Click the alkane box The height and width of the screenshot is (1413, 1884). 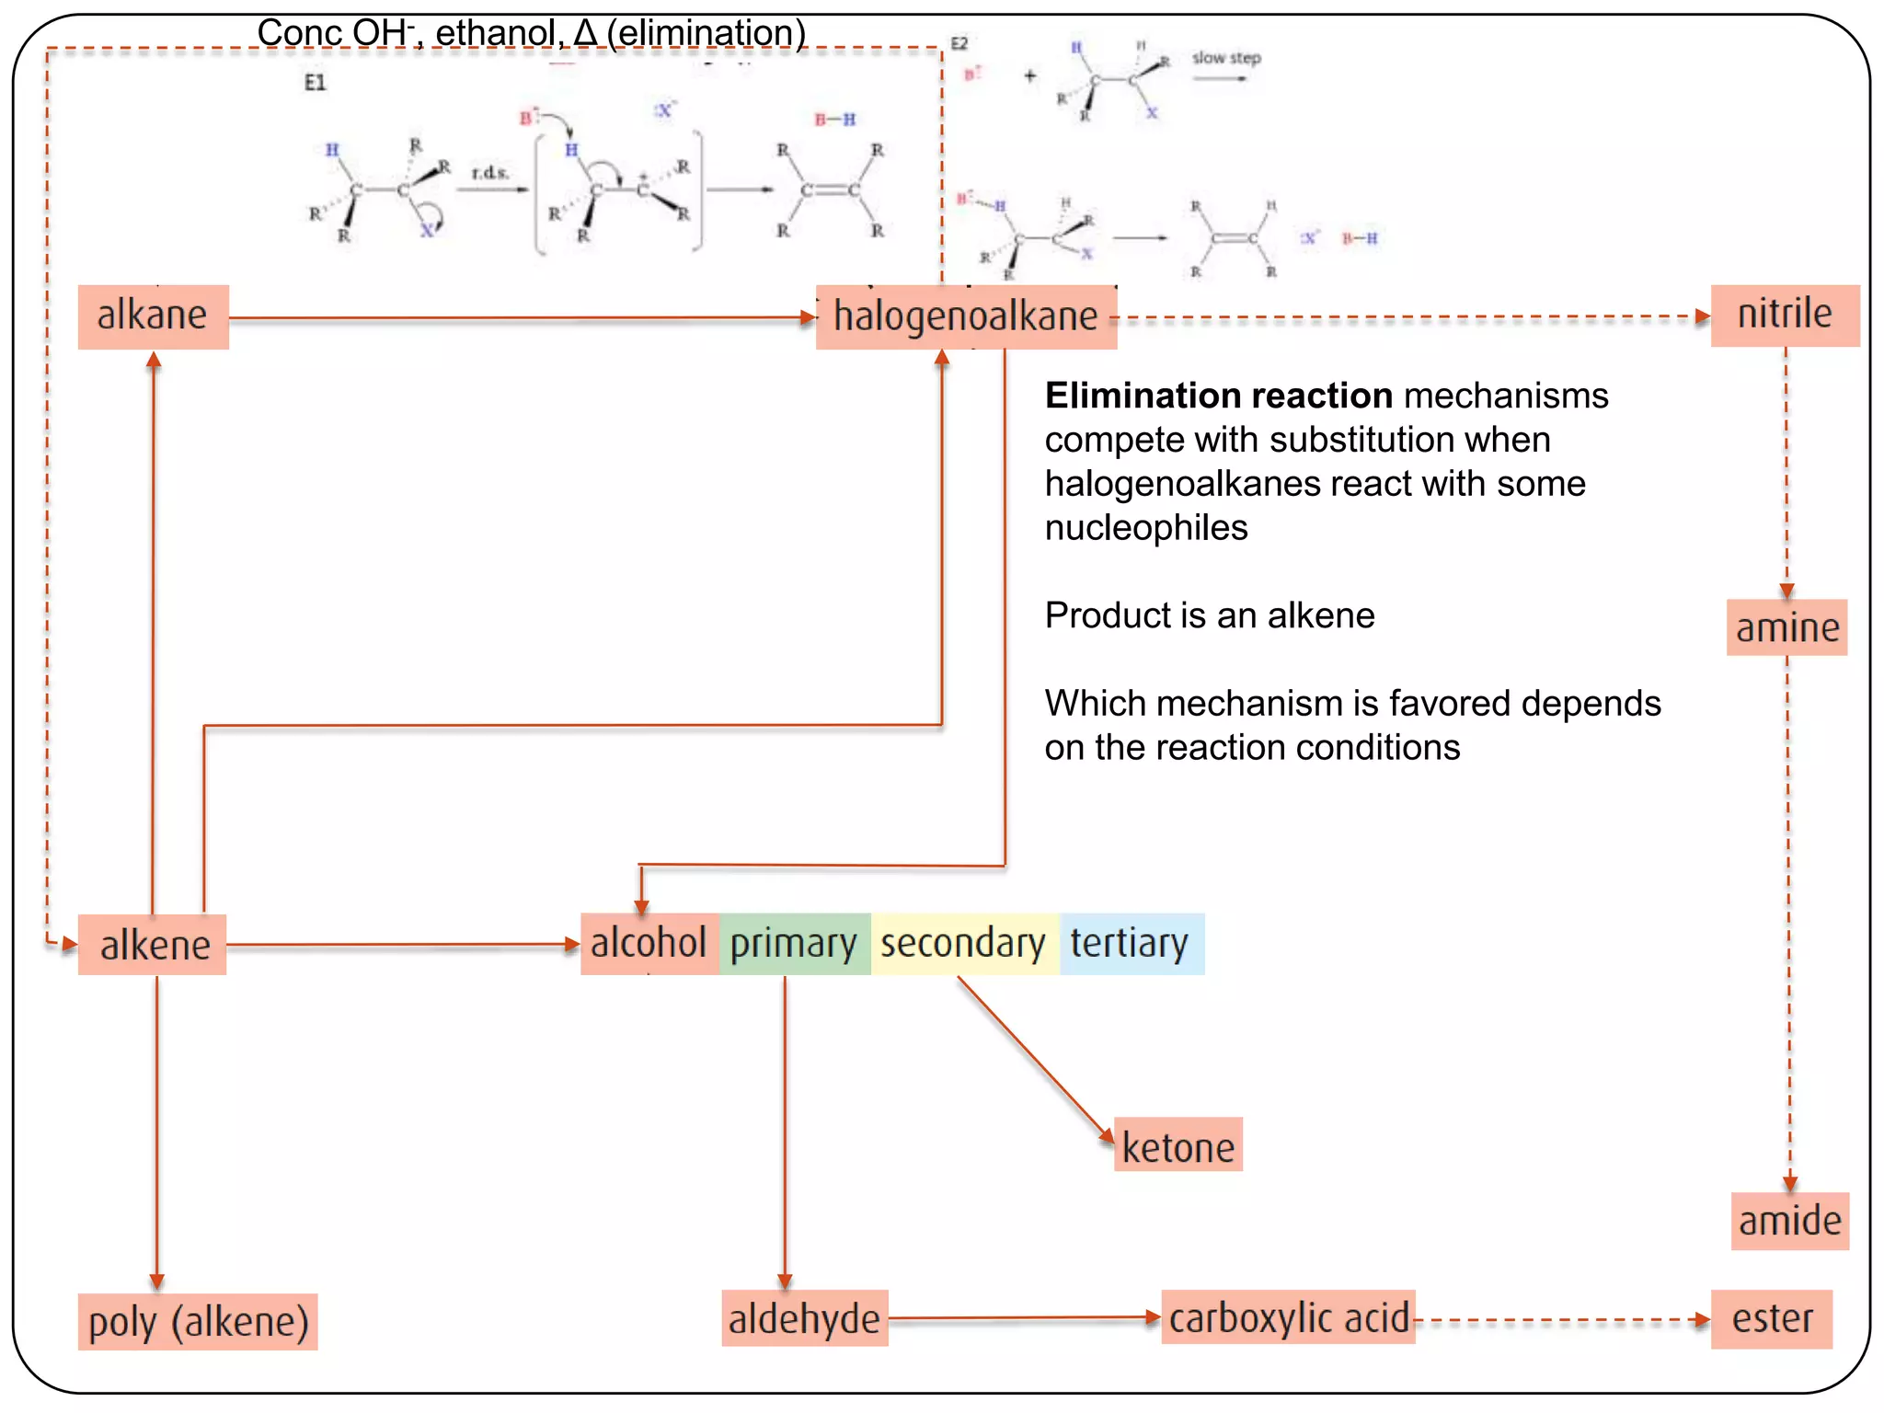click(153, 316)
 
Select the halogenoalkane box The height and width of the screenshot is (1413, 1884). click(966, 316)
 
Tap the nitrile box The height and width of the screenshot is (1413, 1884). click(1784, 315)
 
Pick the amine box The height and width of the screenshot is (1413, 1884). click(1786, 627)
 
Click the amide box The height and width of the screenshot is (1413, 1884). click(1789, 1221)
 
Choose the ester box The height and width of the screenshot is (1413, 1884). click(1771, 1318)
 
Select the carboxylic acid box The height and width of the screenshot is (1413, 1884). click(1288, 1317)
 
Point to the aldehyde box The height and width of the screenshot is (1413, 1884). click(804, 1318)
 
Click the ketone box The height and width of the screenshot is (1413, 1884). click(1177, 1145)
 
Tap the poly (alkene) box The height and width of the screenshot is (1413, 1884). click(198, 1322)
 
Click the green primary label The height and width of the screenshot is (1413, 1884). click(794, 944)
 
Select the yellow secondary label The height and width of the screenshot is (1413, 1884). click(963, 944)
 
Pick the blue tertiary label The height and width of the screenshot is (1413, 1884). click(1130, 944)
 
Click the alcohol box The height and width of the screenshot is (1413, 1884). click(649, 944)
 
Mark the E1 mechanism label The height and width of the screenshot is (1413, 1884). click(315, 83)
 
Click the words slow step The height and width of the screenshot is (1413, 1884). click(1225, 58)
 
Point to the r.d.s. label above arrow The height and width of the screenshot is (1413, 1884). click(488, 173)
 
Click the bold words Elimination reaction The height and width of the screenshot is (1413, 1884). click(1218, 396)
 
